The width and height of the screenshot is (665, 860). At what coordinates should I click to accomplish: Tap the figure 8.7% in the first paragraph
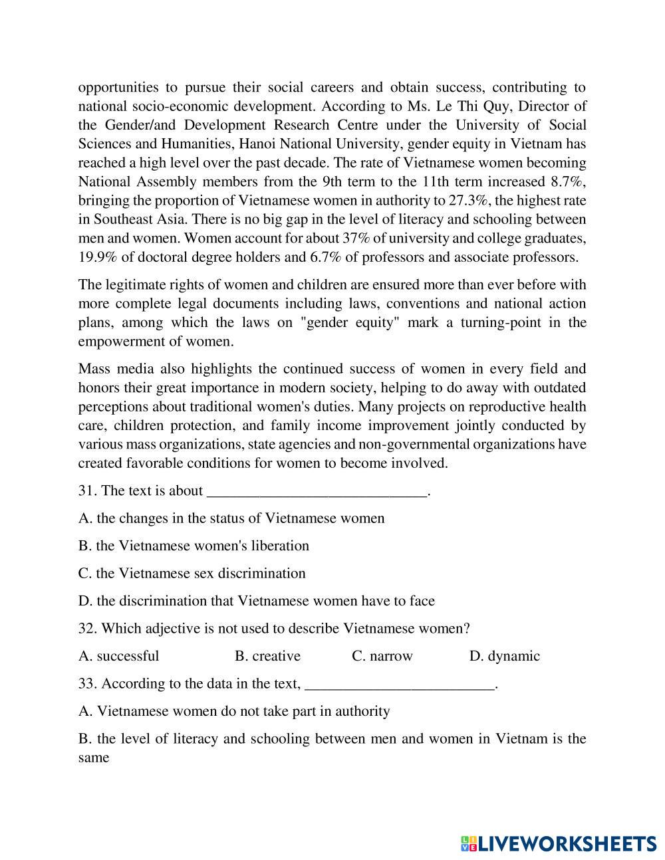coord(568,181)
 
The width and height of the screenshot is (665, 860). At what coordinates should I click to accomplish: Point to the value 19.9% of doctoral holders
coord(96,257)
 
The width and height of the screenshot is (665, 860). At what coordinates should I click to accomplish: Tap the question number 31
coord(87,490)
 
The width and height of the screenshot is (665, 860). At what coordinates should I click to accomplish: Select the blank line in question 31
coord(317,492)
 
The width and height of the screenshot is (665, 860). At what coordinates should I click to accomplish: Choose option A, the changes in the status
coord(231,518)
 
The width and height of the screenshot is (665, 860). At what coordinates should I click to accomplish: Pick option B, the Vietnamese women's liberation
coord(194,546)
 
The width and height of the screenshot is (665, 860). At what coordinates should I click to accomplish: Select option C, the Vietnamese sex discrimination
coord(192,574)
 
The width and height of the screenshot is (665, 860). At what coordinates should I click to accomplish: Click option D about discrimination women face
coord(256,601)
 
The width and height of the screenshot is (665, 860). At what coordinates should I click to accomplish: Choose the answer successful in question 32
coord(119,656)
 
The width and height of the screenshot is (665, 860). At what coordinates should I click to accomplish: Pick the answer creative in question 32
coord(267,656)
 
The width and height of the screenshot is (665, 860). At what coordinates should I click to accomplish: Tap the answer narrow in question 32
coord(382,656)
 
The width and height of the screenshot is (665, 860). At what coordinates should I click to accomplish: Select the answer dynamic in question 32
coord(505,656)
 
